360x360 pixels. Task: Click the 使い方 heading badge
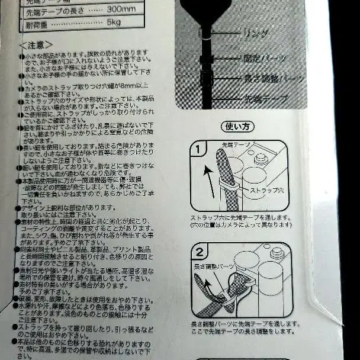coord(237,126)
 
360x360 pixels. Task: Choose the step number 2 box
coord(200,251)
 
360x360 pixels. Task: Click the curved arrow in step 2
coord(208,291)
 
